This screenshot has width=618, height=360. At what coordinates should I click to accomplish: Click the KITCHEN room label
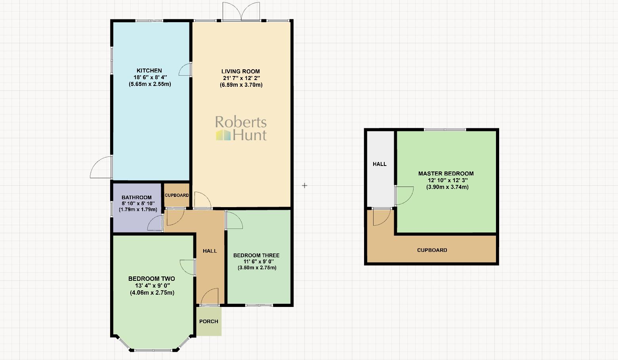pos(149,70)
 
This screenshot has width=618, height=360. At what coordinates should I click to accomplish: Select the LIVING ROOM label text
pos(240,71)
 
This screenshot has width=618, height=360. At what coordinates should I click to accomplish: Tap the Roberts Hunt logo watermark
pos(241,128)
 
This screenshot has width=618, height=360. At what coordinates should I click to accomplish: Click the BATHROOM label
pos(137,197)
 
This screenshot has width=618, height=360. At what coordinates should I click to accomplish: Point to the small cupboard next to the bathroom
pos(177,195)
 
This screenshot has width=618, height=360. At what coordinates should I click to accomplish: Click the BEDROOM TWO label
pos(151,278)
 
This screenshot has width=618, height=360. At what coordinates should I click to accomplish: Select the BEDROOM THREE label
pos(256,255)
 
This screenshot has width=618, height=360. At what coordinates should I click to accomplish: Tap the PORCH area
pos(209,321)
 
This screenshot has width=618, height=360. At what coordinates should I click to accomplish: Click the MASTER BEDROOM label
pos(446,173)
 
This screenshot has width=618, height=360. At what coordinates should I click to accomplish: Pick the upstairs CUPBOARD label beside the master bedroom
pos(432,250)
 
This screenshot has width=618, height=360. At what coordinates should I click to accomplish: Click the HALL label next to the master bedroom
pos(380,164)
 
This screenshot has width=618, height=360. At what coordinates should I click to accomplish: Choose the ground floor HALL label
pos(210,251)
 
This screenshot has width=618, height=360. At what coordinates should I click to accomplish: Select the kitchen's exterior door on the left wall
pos(102,168)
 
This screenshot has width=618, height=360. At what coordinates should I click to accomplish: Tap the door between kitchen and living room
pos(185,70)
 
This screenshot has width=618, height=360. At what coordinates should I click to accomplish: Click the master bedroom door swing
pos(404,195)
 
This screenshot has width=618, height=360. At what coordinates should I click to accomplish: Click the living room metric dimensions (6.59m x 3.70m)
pos(241,85)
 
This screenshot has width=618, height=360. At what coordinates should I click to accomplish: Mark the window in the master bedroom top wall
pos(445,130)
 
